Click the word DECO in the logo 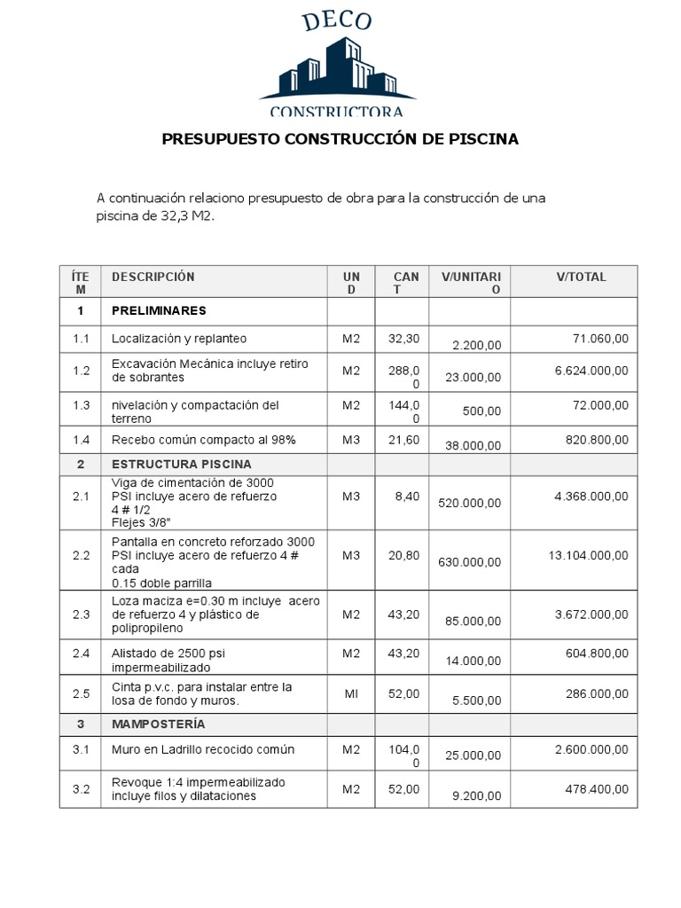click(336, 23)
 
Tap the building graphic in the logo click(337, 71)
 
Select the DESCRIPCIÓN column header click(153, 277)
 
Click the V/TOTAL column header click(581, 277)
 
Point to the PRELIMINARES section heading click(159, 311)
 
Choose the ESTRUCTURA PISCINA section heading click(181, 464)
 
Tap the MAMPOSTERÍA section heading click(158, 724)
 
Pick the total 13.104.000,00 click(589, 555)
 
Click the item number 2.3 click(81, 614)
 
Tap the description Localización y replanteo click(179, 339)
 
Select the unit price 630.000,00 click(469, 562)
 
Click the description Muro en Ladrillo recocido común click(202, 749)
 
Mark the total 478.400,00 click(597, 789)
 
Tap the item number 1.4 click(81, 440)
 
